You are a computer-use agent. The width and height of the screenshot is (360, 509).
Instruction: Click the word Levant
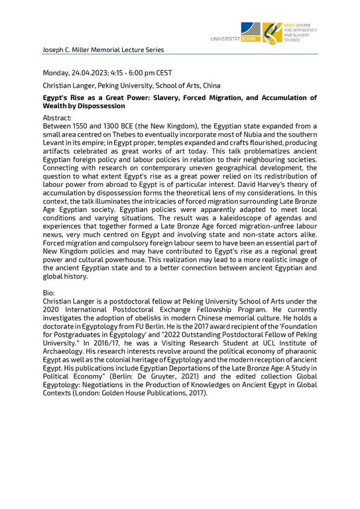(x=56, y=144)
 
